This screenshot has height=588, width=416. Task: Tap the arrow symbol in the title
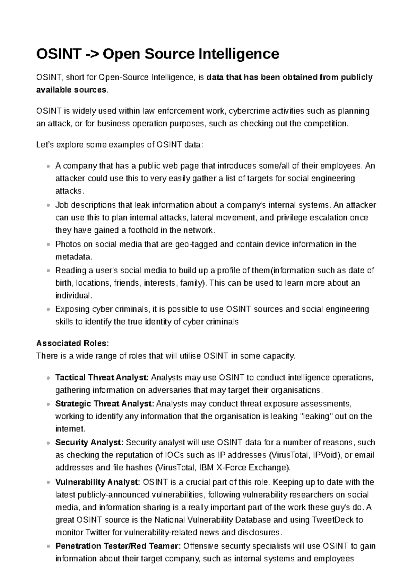click(x=90, y=54)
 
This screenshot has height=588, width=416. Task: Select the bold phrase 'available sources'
click(x=71, y=90)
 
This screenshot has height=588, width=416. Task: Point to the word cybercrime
click(x=249, y=111)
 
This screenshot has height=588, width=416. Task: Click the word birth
click(x=63, y=283)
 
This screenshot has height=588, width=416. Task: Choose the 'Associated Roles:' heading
click(x=72, y=343)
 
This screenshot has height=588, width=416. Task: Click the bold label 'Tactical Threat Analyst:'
click(x=102, y=377)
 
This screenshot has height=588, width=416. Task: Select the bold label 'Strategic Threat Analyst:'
click(x=104, y=404)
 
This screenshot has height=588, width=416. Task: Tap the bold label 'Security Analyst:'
click(x=89, y=442)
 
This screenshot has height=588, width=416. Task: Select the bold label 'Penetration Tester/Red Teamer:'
click(x=118, y=546)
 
